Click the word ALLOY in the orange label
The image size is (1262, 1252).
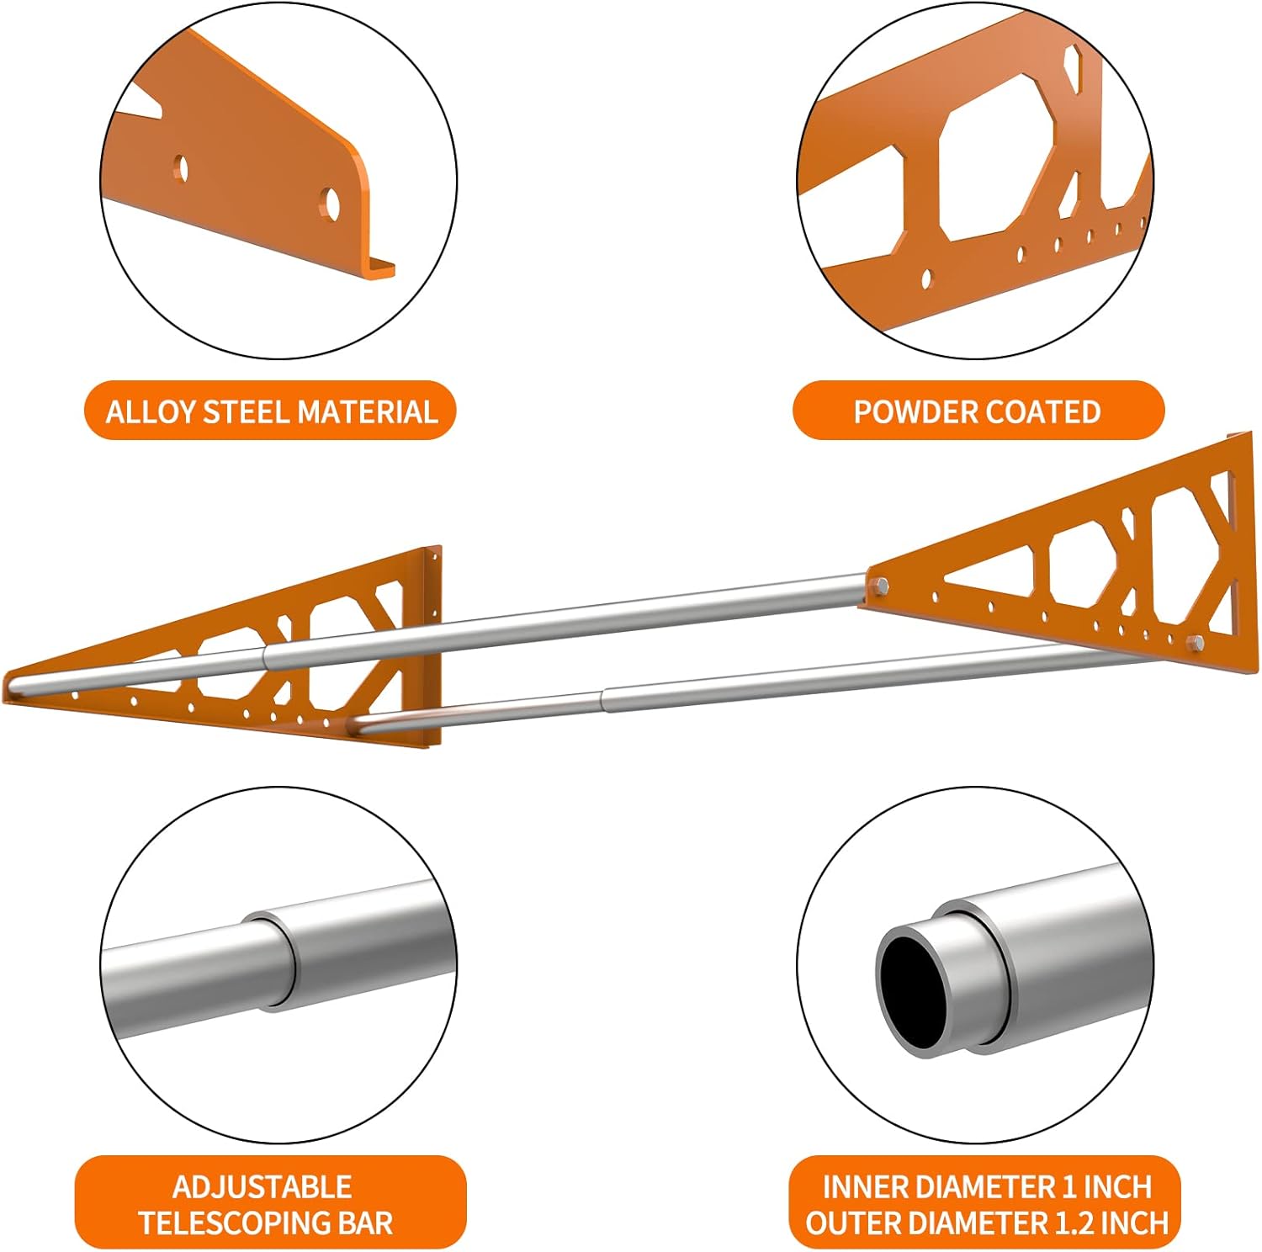[x=151, y=411]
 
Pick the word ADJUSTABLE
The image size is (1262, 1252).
[x=262, y=1187]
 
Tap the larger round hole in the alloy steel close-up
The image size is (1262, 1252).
[x=331, y=203]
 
